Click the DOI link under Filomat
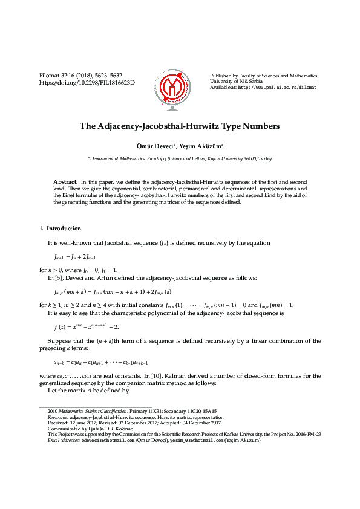pos(87,82)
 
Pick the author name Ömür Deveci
pos(157,146)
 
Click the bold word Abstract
pos(65,182)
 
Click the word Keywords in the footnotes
pos(58,417)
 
